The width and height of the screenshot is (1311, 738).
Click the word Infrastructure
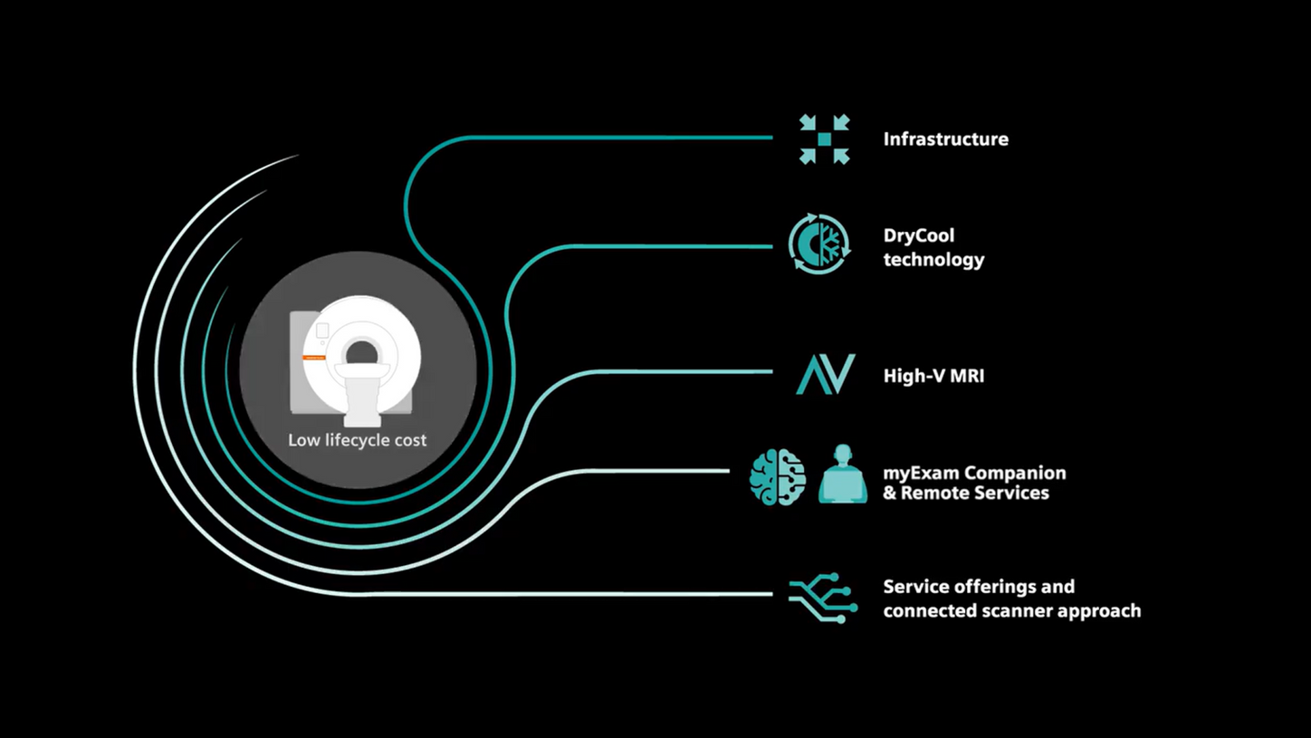945,139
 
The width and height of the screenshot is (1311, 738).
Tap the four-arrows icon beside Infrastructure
824,139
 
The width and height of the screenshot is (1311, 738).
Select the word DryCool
919,235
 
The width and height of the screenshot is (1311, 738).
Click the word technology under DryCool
933,260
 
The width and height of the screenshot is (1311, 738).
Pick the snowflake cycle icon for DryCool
818,244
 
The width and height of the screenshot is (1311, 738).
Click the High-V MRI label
933,376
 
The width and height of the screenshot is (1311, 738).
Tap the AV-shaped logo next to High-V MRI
825,374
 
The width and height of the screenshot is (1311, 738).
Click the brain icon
777,476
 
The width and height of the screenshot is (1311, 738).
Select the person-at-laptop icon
843,474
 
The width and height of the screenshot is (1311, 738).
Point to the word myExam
920,474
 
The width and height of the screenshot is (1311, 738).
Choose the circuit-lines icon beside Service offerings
823,598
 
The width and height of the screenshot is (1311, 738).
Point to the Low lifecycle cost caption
358,441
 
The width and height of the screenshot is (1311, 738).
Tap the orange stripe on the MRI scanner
314,358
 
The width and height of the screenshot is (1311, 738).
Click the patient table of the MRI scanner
361,398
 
